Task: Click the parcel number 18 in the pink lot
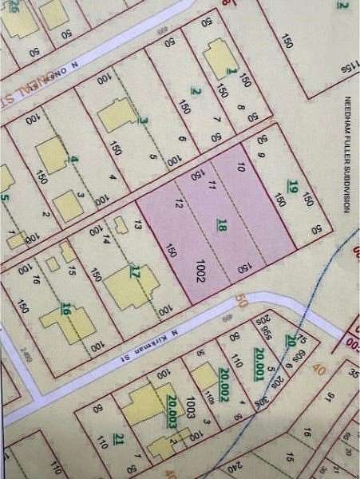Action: (x=222, y=226)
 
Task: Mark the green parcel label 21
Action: (x=118, y=439)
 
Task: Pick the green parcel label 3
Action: (x=143, y=121)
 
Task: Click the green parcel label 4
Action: (x=74, y=160)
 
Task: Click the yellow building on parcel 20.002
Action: (x=204, y=376)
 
